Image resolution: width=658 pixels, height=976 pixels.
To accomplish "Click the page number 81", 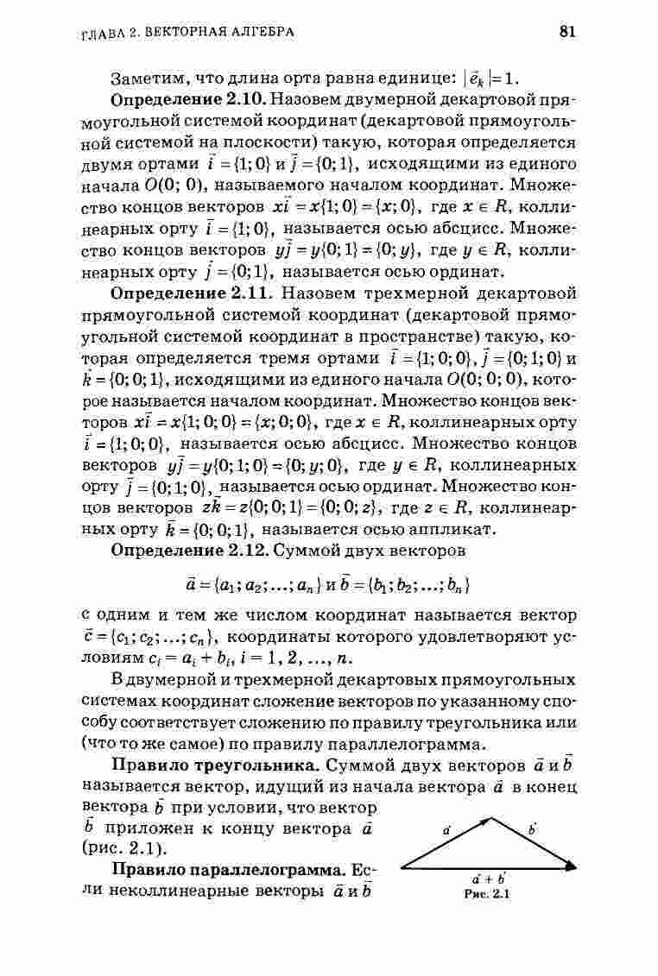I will [567, 32].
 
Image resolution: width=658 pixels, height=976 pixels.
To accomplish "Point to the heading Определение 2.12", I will [179, 550].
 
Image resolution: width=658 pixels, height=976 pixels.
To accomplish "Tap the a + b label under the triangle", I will [489, 880].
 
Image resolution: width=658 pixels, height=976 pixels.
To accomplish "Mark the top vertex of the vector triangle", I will [491, 817].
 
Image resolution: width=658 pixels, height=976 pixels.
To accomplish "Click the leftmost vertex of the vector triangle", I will [399, 866].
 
